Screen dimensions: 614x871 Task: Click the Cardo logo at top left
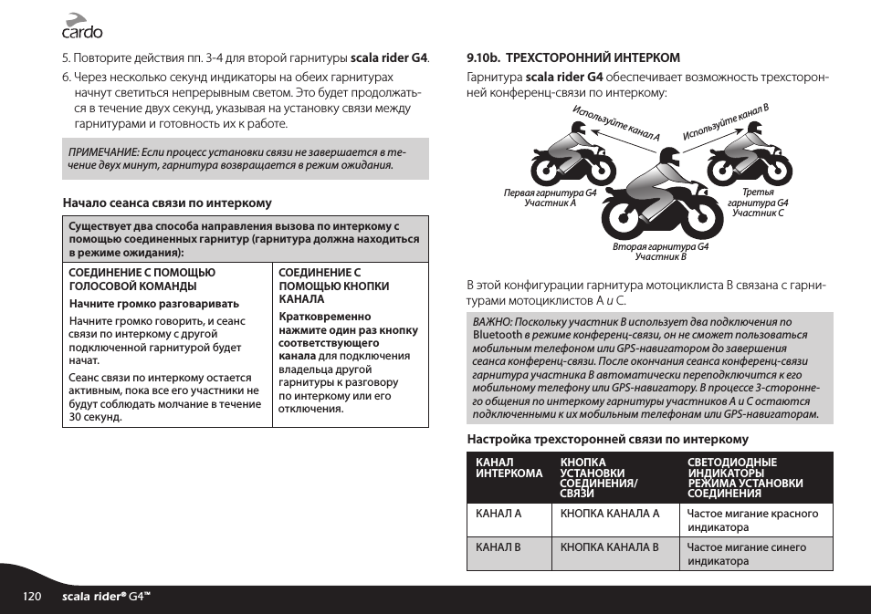coord(81,26)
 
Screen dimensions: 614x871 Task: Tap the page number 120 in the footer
coord(33,597)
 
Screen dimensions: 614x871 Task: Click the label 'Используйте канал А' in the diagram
coord(616,124)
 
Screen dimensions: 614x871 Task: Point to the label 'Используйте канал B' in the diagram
coord(726,122)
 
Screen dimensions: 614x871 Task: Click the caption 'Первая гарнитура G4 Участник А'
coord(550,198)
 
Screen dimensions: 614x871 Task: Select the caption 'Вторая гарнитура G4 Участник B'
coord(659,252)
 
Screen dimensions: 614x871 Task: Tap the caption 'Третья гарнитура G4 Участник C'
coord(758,203)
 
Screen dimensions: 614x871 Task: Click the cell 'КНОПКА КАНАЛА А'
coord(609,514)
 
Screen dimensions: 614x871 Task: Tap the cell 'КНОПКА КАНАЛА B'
coord(609,547)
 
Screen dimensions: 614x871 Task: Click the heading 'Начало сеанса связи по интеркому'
coord(166,203)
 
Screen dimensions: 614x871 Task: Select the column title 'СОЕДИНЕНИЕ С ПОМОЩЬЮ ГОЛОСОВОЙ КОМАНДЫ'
coord(142,279)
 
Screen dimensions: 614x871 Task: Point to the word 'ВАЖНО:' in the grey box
coord(491,322)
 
